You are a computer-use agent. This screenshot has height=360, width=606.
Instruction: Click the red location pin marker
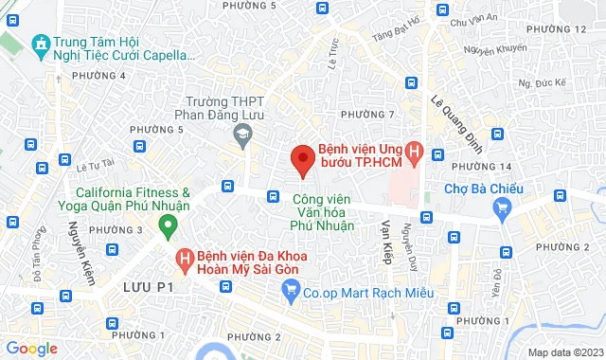(x=302, y=161)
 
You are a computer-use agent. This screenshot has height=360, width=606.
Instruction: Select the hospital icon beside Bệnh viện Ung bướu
(x=414, y=152)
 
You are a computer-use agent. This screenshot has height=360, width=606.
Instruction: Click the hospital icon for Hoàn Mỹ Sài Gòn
(x=185, y=258)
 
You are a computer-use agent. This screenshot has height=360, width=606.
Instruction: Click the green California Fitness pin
(x=169, y=225)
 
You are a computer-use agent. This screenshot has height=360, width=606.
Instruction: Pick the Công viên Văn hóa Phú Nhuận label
(x=323, y=213)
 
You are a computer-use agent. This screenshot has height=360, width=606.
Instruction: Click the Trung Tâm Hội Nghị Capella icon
(x=40, y=45)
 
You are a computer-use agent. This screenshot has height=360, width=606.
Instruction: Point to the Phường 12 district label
(x=566, y=30)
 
